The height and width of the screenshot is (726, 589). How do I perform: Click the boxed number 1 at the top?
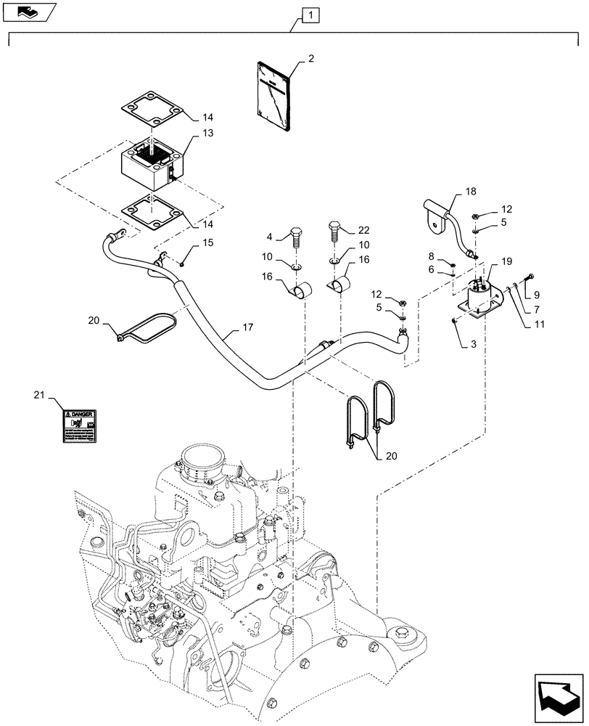tap(310, 14)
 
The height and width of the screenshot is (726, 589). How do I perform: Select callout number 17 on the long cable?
tap(247, 327)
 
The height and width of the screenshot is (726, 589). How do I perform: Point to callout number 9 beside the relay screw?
tap(537, 295)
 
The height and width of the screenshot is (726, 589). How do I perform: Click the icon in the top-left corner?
tap(28, 10)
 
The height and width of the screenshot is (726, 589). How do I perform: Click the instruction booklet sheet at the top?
tap(273, 97)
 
